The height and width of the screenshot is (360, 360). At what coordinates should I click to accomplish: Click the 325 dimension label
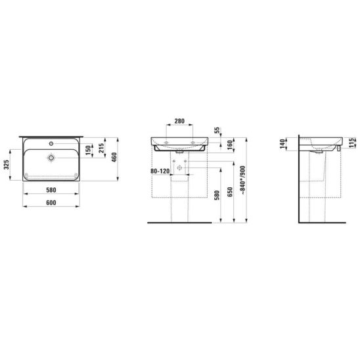pyautogui.click(x=7, y=165)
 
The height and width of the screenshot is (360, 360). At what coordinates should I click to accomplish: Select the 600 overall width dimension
pyautogui.click(x=51, y=203)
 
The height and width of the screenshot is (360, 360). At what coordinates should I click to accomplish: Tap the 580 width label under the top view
pyautogui.click(x=51, y=190)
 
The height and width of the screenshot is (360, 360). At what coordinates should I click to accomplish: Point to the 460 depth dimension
pyautogui.click(x=114, y=157)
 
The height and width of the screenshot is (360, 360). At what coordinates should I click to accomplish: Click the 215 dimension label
pyautogui.click(x=101, y=148)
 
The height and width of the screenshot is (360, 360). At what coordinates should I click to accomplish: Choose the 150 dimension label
pyautogui.click(x=89, y=150)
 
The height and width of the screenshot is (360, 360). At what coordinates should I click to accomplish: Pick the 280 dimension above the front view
pyautogui.click(x=179, y=121)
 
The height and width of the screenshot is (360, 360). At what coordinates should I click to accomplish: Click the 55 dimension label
pyautogui.click(x=217, y=131)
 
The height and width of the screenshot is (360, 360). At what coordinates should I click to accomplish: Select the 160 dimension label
pyautogui.click(x=229, y=145)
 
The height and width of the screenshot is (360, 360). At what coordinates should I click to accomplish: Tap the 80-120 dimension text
pyautogui.click(x=160, y=171)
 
